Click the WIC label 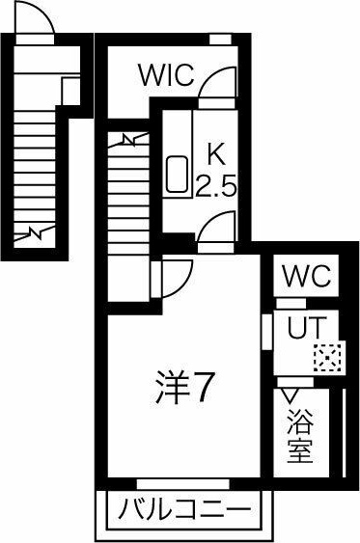pos(166,74)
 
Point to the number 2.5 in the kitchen pos(216,185)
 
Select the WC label pos(307,277)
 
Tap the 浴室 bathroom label pos(299,436)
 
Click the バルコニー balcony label pos(183,508)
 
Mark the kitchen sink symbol pos(179,175)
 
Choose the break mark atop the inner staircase pos(129,140)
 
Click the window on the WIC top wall pos(221,39)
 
